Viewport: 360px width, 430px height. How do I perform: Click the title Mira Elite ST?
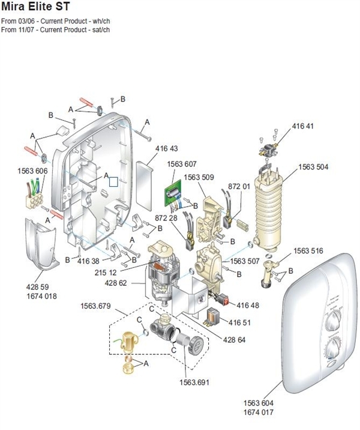[x=35, y=8]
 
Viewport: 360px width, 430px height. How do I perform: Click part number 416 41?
[x=303, y=127]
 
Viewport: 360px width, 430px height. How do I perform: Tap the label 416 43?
[x=167, y=148]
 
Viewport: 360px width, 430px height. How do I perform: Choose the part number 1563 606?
[x=32, y=171]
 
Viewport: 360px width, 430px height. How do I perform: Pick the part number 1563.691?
[x=195, y=382]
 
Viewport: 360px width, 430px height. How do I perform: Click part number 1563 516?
[x=308, y=250]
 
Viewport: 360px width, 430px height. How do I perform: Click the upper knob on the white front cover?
[x=329, y=322]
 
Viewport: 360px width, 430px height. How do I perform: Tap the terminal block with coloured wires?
[x=33, y=196]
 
